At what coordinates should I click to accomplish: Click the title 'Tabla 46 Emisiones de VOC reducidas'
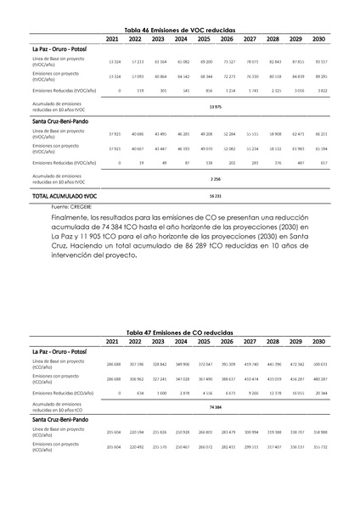180,29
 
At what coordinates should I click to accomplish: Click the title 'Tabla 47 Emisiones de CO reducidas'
180,333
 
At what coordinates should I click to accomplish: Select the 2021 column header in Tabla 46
113,39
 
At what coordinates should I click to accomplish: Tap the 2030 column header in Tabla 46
318,39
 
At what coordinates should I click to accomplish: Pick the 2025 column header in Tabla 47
204,341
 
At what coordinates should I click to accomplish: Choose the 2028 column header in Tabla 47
273,341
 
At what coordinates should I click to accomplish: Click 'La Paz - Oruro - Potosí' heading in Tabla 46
61,49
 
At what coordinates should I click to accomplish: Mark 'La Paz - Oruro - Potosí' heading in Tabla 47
61,351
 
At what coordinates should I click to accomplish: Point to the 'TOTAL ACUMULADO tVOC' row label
65,196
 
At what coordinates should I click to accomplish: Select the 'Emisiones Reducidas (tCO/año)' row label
64,393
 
